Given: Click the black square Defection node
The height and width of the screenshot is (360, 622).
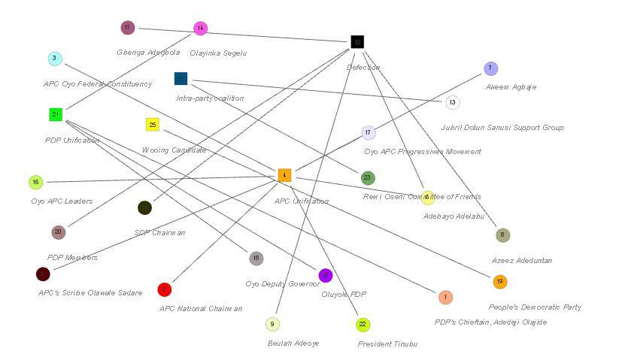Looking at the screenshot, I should click(x=357, y=42).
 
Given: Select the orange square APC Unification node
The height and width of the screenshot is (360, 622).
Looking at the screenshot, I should click(x=284, y=175).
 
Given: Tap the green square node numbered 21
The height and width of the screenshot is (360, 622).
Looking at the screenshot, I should click(x=55, y=114).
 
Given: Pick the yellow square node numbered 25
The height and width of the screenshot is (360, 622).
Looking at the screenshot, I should click(x=153, y=125).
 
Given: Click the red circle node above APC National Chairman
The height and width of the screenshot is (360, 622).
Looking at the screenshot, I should click(x=165, y=289).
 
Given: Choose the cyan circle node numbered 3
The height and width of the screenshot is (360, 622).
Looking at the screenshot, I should click(x=55, y=59).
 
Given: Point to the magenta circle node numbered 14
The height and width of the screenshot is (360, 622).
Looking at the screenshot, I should click(x=200, y=29).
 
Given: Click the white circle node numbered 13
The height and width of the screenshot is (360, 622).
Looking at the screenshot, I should click(x=452, y=103).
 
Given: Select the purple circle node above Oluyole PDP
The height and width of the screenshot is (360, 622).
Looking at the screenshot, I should click(x=326, y=275).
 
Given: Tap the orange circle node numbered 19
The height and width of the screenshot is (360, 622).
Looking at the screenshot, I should click(x=500, y=282).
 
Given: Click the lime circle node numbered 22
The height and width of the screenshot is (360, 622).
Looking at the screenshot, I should click(x=363, y=325).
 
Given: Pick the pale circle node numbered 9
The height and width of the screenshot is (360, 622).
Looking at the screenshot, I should click(x=273, y=324).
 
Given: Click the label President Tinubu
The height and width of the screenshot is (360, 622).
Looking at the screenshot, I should click(x=387, y=343).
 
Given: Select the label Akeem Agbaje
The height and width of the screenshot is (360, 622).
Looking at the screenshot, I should click(x=511, y=87).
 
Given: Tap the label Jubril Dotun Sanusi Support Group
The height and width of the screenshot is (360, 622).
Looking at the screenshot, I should click(x=502, y=128).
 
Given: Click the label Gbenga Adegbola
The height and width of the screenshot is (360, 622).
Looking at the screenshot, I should click(x=148, y=53).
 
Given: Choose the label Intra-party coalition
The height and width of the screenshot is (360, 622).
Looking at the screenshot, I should click(x=210, y=98).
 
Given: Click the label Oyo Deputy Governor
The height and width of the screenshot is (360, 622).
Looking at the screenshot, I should click(x=282, y=283).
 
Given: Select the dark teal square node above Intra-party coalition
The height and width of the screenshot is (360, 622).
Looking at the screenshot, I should click(x=181, y=79).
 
